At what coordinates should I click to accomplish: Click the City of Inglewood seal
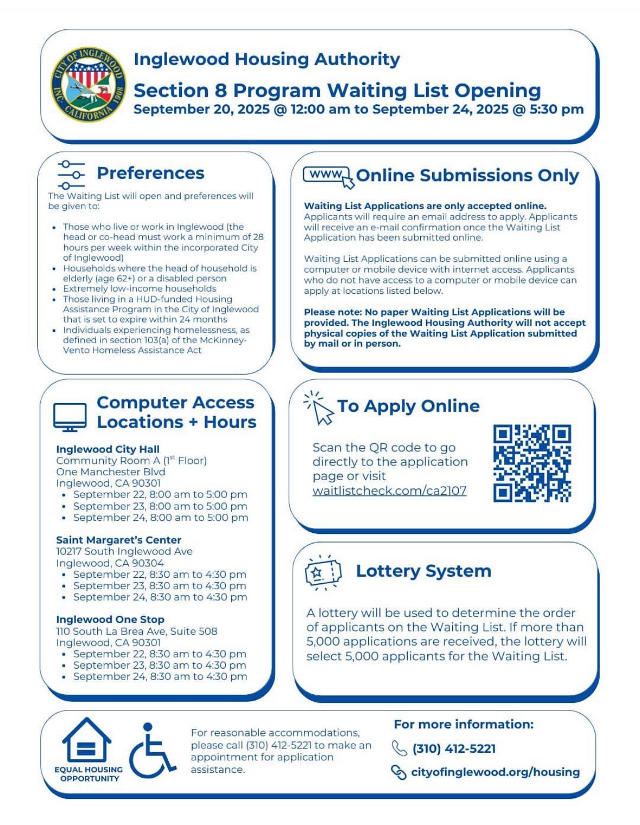tap(88, 84)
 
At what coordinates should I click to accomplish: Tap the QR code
tap(532, 463)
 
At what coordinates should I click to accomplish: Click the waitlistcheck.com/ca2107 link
tap(389, 490)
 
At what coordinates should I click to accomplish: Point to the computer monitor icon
tap(70, 417)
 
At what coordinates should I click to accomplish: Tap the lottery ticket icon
tap(323, 572)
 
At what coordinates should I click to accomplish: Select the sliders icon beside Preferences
tap(71, 174)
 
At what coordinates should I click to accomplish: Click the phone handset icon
tap(399, 748)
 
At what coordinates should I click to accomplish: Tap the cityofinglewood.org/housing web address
tap(495, 772)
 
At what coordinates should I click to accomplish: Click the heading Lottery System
tap(423, 571)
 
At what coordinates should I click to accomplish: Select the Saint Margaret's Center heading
tap(118, 540)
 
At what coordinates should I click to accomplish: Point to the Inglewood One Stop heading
tap(110, 619)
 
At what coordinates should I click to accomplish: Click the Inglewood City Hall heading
tap(107, 449)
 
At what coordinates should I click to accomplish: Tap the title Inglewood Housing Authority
tap(267, 59)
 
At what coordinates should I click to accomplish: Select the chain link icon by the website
tap(398, 772)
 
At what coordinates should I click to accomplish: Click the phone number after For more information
tap(454, 748)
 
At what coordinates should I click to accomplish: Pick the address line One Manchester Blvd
tap(111, 471)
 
